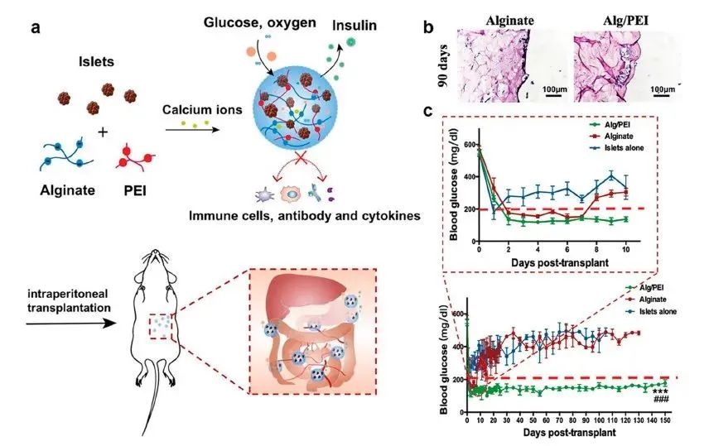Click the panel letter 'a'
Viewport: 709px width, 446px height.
tap(36, 27)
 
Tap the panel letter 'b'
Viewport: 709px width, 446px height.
tap(429, 27)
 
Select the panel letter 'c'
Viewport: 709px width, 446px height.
tap(427, 111)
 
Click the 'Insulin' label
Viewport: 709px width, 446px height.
tap(356, 26)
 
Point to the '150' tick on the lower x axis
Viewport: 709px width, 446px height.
tap(664, 420)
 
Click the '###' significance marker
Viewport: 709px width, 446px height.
tap(661, 400)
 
